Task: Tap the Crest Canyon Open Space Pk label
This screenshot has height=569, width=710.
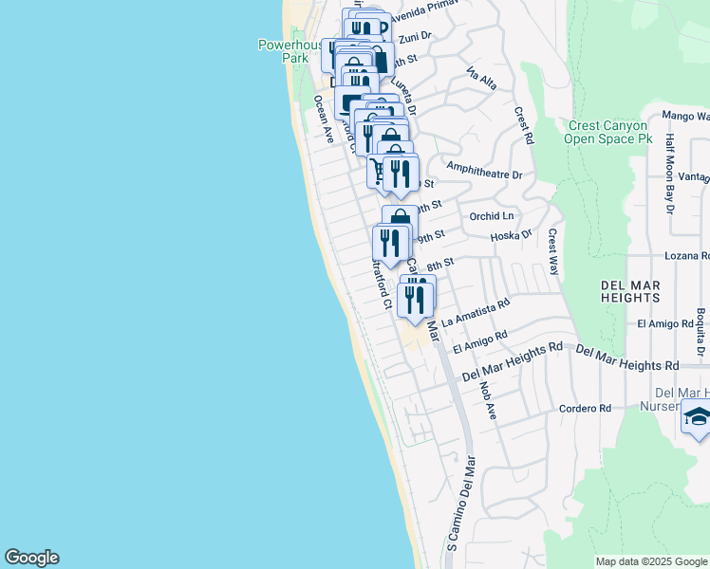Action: (607, 132)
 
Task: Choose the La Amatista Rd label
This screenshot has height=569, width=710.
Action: (476, 310)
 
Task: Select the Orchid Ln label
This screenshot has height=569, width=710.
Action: (491, 216)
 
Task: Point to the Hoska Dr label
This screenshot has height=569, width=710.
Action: (513, 234)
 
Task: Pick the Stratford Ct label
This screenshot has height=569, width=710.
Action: (381, 284)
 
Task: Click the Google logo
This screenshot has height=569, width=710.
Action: (31, 558)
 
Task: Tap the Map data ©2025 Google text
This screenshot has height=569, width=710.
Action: (650, 561)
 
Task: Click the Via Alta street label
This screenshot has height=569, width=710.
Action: (482, 77)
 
